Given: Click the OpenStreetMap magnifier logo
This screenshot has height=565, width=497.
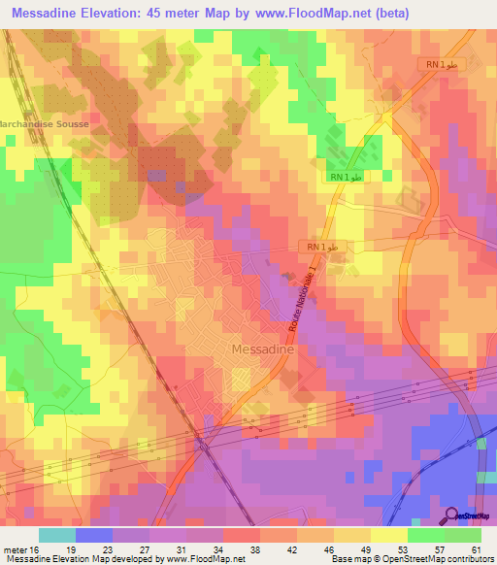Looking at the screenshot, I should coord(450,515).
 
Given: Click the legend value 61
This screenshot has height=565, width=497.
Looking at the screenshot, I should coord(476,550).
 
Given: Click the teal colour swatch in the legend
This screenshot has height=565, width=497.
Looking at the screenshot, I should coord(57,535).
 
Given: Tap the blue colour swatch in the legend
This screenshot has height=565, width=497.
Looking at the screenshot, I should coord(94,535).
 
